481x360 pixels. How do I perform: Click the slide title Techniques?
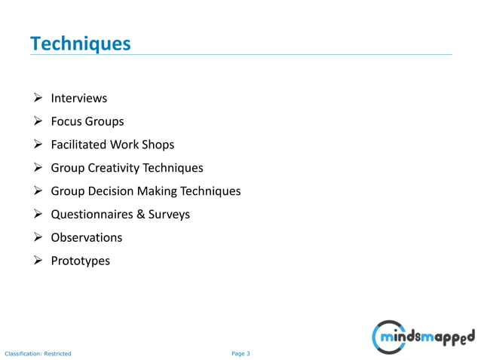[80, 44]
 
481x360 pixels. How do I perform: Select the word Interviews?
[78, 98]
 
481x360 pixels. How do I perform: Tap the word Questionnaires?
[93, 215]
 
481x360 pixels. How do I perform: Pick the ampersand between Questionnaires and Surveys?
[141, 215]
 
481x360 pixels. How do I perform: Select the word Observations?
[86, 237]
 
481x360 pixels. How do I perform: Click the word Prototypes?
[80, 261]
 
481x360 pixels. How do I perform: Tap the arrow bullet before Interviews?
[38, 98]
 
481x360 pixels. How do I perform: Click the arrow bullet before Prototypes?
[38, 261]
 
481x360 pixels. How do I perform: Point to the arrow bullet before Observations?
[38, 237]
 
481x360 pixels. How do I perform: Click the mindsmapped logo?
[424, 334]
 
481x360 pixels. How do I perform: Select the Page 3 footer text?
[240, 353]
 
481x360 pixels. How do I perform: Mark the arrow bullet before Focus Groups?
[38, 121]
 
